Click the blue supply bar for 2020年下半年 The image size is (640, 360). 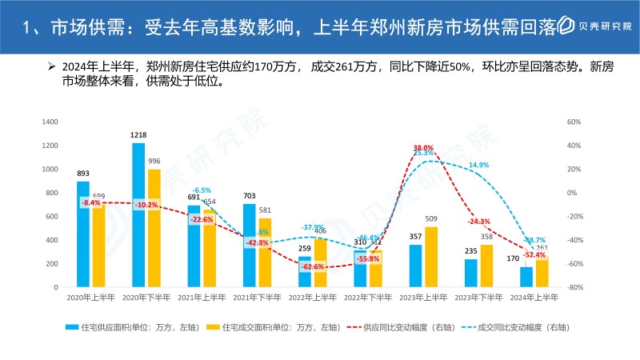tap(138, 214)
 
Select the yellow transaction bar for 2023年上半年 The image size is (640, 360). tap(431, 257)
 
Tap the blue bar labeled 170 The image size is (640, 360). tap(526, 277)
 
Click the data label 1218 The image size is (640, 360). tap(138, 135)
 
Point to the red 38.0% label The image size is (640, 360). tap(423, 148)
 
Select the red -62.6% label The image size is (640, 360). tap(313, 266)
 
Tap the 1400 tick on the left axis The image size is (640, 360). tap(50, 122)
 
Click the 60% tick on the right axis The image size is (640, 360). tap(572, 122)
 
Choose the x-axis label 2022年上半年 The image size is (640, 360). tap(312, 297)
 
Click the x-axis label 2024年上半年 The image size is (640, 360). tap(534, 297)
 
